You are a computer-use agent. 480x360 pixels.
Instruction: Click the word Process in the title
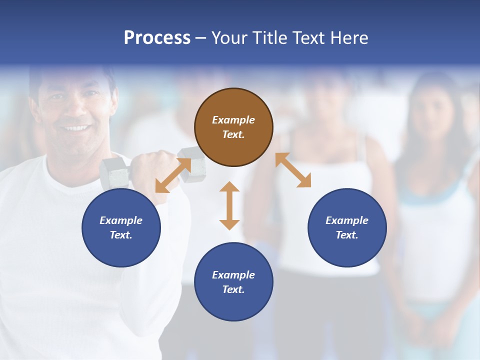[157, 38]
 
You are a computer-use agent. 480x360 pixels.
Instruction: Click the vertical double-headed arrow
[229, 205]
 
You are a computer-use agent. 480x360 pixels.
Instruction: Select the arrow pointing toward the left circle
[173, 175]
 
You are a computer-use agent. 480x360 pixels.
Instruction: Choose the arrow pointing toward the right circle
[293, 170]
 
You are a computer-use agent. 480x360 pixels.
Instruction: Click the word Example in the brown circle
[233, 120]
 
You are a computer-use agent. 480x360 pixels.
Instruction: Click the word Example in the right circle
[347, 220]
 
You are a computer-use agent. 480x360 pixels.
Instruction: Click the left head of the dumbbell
[114, 172]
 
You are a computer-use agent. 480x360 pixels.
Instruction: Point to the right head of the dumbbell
[192, 165]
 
